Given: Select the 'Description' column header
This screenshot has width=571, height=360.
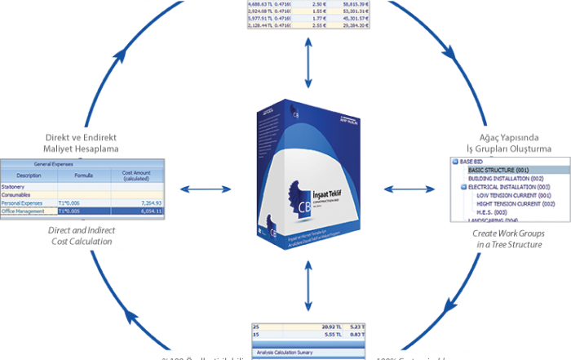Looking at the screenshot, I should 29,175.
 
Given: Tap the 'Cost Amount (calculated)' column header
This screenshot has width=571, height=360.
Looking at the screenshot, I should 136,175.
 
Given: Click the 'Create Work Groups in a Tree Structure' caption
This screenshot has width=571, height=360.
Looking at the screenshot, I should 507,238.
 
